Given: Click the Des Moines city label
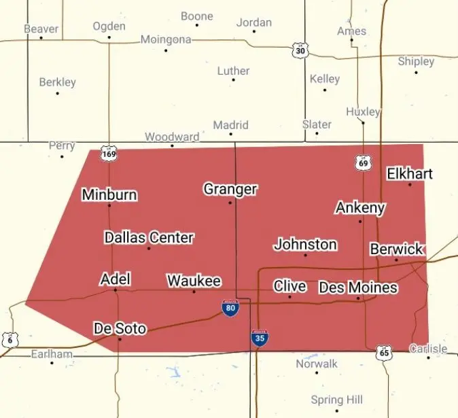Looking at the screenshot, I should pyautogui.click(x=357, y=288).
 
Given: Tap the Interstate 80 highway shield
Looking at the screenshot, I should pyautogui.click(x=230, y=308).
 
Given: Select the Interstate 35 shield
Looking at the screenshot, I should pyautogui.click(x=258, y=338).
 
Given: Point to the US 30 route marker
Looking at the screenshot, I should pyautogui.click(x=300, y=50).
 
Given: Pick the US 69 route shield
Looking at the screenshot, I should pyautogui.click(x=364, y=162).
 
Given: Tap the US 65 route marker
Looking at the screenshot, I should pyautogui.click(x=384, y=352).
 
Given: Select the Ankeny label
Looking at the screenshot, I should pyautogui.click(x=360, y=208).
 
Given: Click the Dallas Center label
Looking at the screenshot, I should pyautogui.click(x=149, y=238).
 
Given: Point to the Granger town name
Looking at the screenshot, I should pyautogui.click(x=230, y=189).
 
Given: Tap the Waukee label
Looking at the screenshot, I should pyautogui.click(x=194, y=281).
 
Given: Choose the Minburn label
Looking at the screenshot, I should pyautogui.click(x=109, y=195).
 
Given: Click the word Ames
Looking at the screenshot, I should pyautogui.click(x=351, y=31).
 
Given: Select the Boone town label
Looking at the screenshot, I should pyautogui.click(x=196, y=16).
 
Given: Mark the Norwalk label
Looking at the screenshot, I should pyautogui.click(x=317, y=364).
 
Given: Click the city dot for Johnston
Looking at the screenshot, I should pyautogui.click(x=305, y=255).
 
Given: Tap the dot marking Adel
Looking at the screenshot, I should pyautogui.click(x=116, y=290).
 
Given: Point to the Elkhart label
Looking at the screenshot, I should pyautogui.click(x=410, y=173).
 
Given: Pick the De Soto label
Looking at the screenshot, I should pyautogui.click(x=120, y=329).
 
